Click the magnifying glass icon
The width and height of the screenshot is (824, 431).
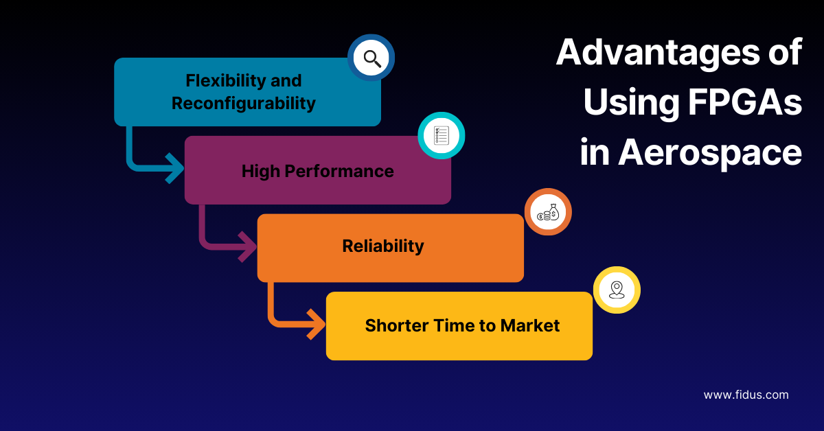point(371,58)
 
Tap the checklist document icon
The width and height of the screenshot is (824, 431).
point(442,136)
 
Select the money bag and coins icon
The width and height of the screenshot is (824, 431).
point(548,212)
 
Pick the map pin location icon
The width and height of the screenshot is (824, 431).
point(617,290)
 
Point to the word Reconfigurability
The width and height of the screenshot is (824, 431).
point(244,104)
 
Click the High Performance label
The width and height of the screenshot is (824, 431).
point(317,171)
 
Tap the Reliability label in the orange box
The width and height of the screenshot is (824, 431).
point(382,246)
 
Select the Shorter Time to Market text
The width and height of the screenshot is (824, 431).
point(462,325)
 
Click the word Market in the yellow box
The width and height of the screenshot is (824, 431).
point(530,325)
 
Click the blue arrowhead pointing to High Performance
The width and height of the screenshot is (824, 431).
point(173,167)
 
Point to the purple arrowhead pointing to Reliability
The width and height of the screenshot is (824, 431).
point(246,246)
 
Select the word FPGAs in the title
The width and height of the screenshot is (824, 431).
point(742,104)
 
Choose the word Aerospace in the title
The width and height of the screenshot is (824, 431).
point(710,153)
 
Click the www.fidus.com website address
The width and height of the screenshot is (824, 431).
point(746,395)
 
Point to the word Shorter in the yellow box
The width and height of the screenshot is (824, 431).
point(394,325)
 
